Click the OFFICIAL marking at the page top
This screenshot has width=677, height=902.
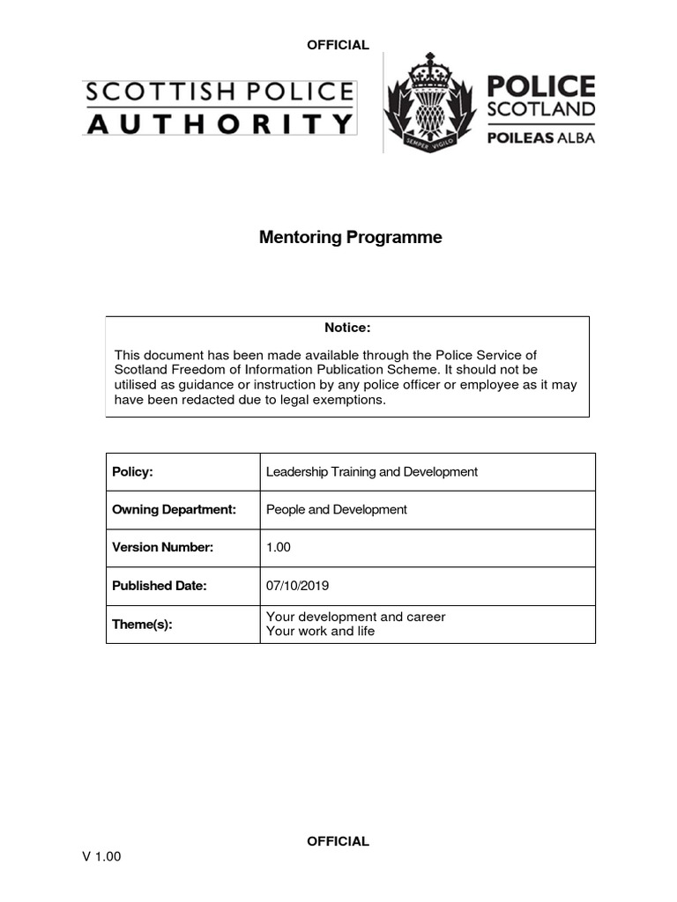(338, 45)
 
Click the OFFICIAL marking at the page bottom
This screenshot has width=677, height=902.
(338, 841)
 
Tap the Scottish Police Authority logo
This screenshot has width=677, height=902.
(219, 107)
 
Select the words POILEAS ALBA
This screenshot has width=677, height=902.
(541, 137)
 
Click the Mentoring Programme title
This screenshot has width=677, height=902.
(350, 238)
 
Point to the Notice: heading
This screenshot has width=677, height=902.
(347, 328)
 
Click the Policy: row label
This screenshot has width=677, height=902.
(133, 472)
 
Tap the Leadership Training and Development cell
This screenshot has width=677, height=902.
(371, 472)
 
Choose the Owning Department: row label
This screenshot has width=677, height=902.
(174, 510)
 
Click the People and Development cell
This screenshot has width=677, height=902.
(336, 510)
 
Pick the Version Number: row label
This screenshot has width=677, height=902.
(163, 548)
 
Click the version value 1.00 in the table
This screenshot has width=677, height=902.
(279, 548)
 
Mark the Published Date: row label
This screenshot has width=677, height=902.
(160, 586)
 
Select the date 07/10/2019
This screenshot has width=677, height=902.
(297, 586)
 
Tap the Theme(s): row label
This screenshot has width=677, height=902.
(142, 624)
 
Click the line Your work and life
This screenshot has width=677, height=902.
(320, 632)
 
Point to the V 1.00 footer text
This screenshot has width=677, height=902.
(102, 857)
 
